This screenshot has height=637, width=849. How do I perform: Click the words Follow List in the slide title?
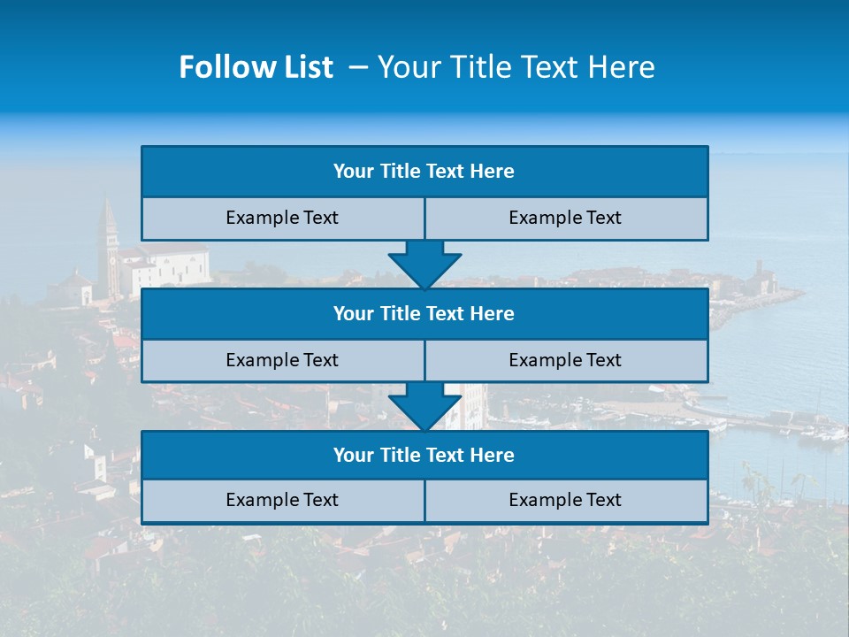[256, 67]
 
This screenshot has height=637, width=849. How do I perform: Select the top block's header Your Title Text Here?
[424, 172]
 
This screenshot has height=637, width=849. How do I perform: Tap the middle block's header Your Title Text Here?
[424, 313]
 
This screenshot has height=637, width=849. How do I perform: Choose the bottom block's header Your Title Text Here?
[424, 455]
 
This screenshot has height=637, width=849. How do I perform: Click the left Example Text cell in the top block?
[282, 218]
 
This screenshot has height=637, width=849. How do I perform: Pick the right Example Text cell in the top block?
[565, 218]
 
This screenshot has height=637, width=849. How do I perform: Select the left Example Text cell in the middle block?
[282, 360]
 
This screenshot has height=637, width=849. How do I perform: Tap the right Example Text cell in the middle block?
[565, 360]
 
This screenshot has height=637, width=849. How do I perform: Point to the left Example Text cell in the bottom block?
[282, 500]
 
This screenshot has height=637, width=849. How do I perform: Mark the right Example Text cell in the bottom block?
[565, 500]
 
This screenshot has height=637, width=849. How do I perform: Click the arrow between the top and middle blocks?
[424, 265]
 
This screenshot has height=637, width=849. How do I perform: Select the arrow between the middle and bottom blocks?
[424, 406]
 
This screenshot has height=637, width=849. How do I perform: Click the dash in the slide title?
[357, 67]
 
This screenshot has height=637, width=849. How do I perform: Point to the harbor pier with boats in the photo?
[752, 423]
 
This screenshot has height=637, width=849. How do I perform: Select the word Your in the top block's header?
[354, 172]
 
